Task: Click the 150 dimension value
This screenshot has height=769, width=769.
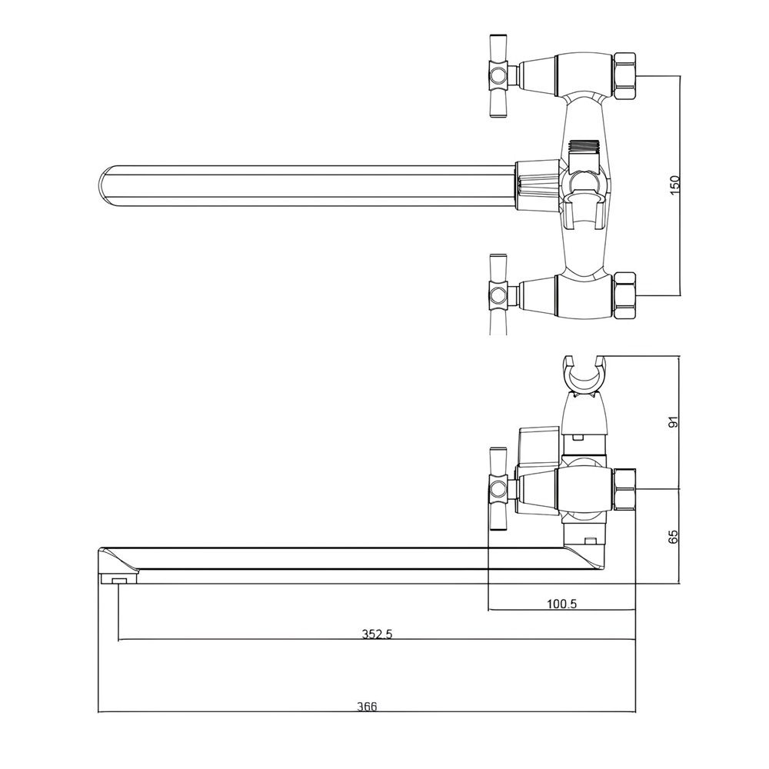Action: pos(675,185)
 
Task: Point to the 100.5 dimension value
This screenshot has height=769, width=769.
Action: pos(561,604)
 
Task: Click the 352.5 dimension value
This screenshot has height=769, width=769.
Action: pos(377,634)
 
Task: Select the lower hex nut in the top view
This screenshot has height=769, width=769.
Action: pos(625,296)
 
